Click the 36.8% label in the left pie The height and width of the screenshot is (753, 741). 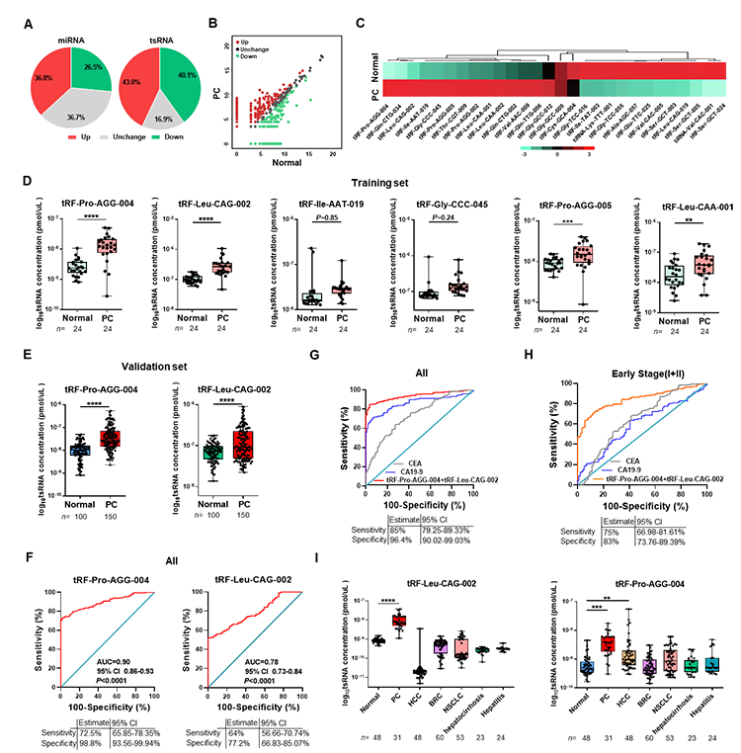[42, 76]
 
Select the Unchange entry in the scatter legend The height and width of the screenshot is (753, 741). [258, 50]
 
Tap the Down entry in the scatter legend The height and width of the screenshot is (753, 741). [250, 57]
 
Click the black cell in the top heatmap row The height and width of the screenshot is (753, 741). [548, 71]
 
